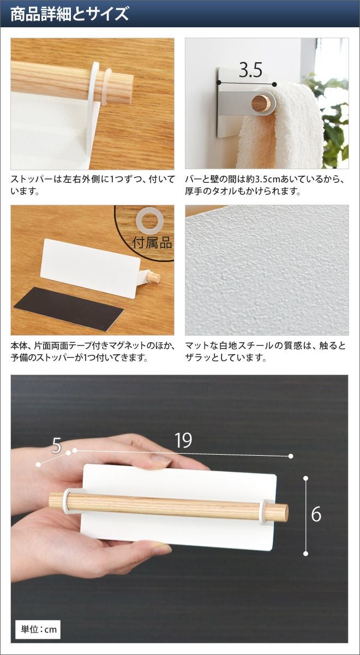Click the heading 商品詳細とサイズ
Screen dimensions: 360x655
[x=69, y=14]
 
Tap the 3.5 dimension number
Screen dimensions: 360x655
[x=250, y=70]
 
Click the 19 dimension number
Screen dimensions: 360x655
[x=183, y=440]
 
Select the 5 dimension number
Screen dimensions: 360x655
[x=56, y=445]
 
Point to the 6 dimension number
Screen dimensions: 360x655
[x=316, y=514]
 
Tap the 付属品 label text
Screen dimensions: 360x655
[x=152, y=242]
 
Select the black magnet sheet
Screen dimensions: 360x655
[x=69, y=309]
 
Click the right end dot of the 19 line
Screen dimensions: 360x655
[x=290, y=456]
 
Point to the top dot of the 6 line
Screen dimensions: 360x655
[x=305, y=478]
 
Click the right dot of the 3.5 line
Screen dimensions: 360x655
[x=274, y=85]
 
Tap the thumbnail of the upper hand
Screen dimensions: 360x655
[x=160, y=461]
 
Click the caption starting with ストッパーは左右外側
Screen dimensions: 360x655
[x=93, y=185]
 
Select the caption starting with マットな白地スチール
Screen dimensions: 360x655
[x=265, y=351]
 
